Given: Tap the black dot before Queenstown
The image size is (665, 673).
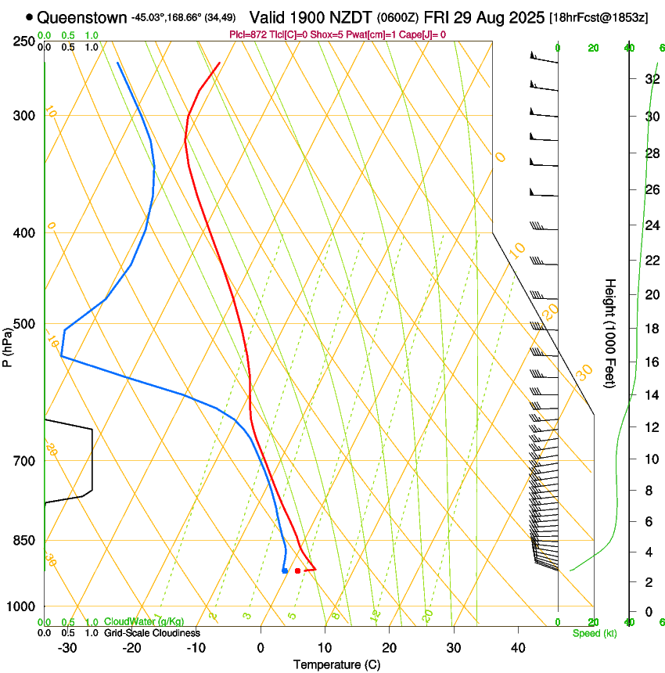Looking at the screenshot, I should tap(30, 16).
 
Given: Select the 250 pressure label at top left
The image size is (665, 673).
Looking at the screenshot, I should tap(23, 41).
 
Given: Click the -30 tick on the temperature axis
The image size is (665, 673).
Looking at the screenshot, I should tap(67, 647).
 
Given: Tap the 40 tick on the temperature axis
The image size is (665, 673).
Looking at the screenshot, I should tap(517, 647).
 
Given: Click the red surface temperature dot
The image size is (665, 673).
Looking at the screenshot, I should tap(297, 570).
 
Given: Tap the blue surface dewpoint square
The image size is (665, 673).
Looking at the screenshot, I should tap(285, 570).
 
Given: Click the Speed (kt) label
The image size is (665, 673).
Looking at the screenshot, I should tap(594, 633).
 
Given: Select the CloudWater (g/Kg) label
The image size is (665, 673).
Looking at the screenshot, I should tap(144, 622).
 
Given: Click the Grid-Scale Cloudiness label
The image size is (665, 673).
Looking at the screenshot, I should tap(152, 633).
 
